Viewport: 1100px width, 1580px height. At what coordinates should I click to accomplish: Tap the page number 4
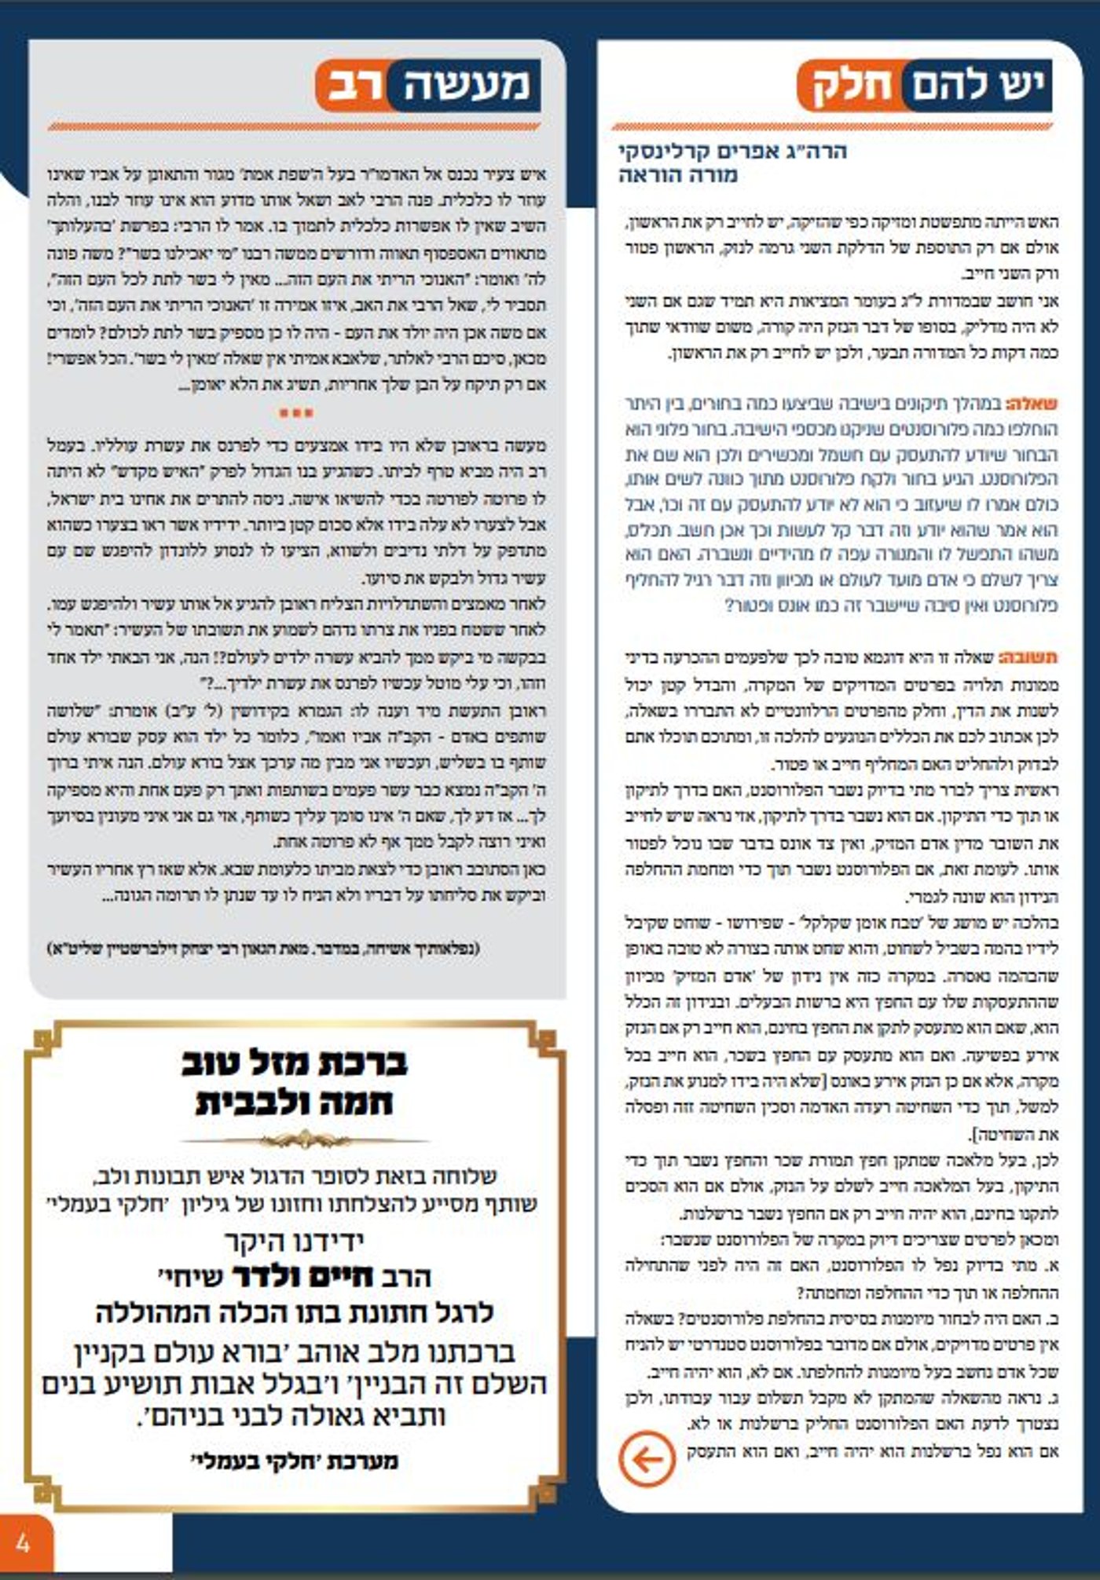(x=23, y=1543)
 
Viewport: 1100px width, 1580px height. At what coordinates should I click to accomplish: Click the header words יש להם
(x=977, y=85)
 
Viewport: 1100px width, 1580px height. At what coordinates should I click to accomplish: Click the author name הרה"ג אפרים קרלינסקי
(x=732, y=151)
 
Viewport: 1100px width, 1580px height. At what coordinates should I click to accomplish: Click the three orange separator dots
(x=296, y=412)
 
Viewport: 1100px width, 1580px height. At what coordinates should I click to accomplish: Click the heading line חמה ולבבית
(x=295, y=1102)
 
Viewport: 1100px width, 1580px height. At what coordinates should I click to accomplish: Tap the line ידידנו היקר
(x=295, y=1241)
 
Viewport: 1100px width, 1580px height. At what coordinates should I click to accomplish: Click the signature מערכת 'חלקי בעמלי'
(x=295, y=1461)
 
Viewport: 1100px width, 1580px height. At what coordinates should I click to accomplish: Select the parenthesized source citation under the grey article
(x=263, y=949)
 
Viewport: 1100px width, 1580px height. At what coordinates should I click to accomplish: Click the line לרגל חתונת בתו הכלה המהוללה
(x=295, y=1312)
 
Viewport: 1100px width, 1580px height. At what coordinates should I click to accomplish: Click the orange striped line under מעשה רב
(x=295, y=126)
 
